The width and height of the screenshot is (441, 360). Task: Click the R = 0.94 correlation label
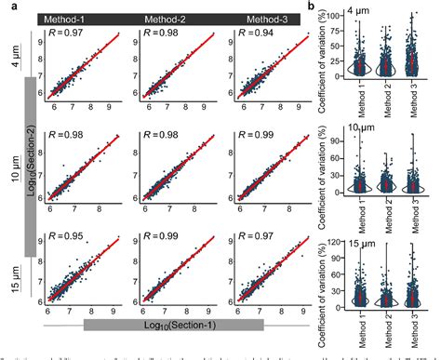tap(242, 34)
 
